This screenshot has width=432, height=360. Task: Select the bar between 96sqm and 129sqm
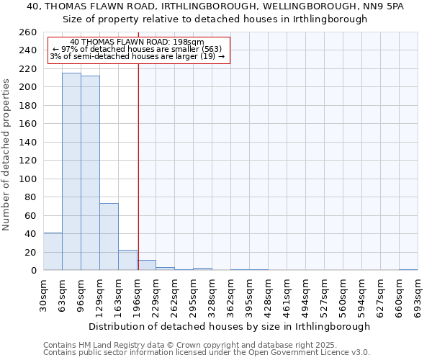tap(90, 173)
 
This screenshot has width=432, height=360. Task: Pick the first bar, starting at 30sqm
tap(53, 251)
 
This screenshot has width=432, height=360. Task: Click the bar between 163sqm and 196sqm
tap(127, 260)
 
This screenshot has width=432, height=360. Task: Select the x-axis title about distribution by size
tap(230, 326)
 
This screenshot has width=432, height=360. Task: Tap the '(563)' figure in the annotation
tap(216, 49)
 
